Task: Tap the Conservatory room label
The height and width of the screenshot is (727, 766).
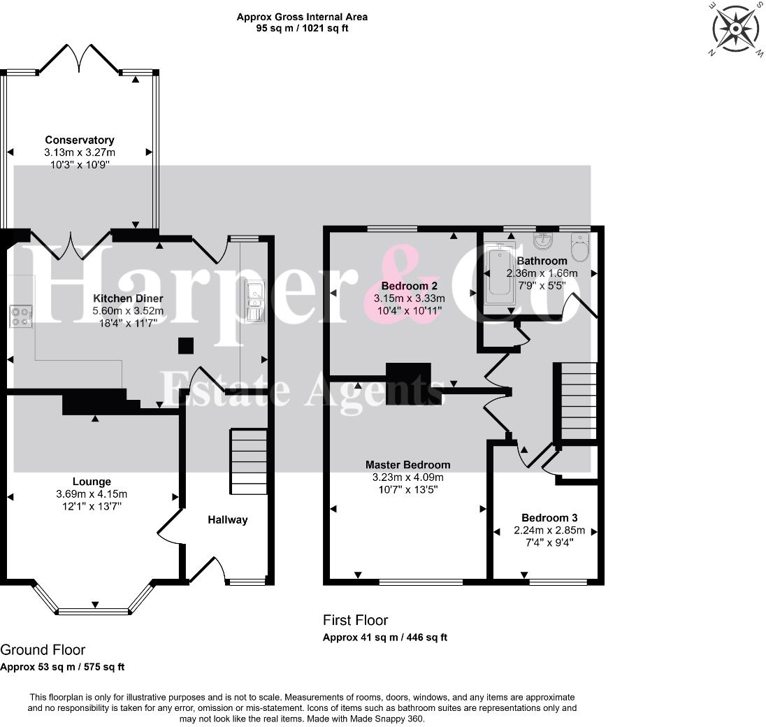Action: coord(80,140)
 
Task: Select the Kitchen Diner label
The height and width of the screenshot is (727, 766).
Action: coord(128,298)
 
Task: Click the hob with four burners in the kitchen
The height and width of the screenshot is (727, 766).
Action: coord(20,317)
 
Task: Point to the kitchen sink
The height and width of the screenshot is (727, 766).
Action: coord(254,301)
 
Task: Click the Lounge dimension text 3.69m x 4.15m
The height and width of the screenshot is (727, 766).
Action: coord(92,494)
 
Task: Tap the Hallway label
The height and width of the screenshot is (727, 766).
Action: coord(227,519)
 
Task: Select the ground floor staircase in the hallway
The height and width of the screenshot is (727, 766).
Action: coord(248,462)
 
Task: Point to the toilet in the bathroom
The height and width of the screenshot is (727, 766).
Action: coord(580,246)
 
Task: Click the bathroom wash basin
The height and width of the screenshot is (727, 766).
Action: coord(543,241)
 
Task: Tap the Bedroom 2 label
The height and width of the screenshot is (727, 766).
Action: coord(410,286)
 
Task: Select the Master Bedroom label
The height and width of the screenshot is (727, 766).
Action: coord(407,465)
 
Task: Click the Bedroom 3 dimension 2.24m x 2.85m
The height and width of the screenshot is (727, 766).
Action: coord(549,530)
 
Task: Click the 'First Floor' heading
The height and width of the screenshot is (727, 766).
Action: coord(355,620)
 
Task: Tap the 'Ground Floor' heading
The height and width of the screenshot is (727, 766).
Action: coord(43,650)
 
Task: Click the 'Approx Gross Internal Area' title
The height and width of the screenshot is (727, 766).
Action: coord(302,17)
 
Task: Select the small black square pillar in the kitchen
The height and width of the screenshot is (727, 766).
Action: coord(186,346)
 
